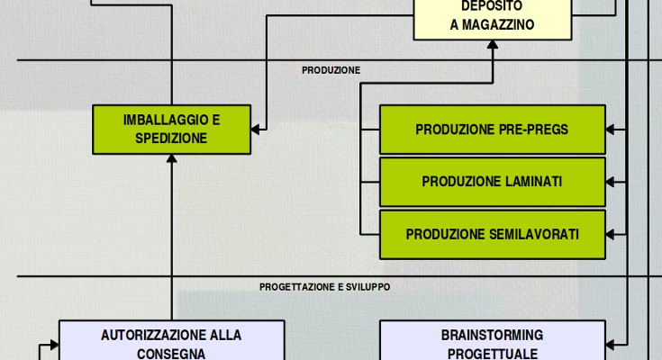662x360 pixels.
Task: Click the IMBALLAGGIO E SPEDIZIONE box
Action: (171, 129)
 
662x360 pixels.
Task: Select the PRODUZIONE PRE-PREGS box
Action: (492, 130)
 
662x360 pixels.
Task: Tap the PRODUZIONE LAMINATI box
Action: (492, 182)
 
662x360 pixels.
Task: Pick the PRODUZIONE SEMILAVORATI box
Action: (492, 234)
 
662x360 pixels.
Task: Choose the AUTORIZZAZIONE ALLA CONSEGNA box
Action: (171, 342)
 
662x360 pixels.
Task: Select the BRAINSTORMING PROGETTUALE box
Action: (492, 342)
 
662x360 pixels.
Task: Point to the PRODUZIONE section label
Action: (331, 70)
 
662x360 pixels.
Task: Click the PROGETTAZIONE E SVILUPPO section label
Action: (324, 287)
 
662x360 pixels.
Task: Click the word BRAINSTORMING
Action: (492, 335)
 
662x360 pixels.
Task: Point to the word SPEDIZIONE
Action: (171, 138)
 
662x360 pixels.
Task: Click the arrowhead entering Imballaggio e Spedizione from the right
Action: (257, 129)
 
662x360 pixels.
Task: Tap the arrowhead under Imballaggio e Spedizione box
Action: (171, 159)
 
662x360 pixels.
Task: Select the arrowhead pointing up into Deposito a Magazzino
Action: (492, 46)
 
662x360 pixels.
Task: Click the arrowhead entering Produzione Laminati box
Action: (611, 182)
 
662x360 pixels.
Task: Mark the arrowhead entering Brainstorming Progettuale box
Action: (611, 343)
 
